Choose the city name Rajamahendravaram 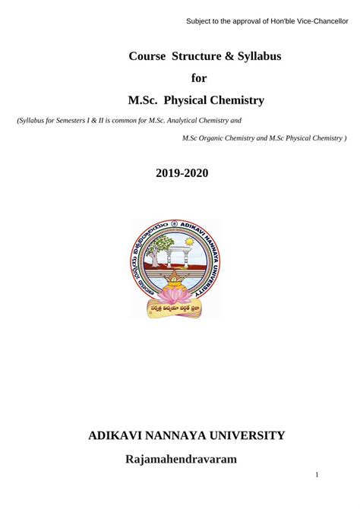(x=181, y=459)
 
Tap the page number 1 (x=317, y=475)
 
